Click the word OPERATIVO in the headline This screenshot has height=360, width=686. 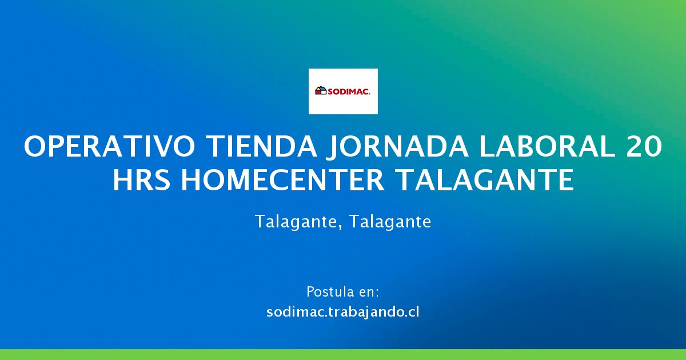click(110, 146)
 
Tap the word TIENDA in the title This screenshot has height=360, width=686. click(261, 146)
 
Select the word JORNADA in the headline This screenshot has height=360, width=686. click(397, 147)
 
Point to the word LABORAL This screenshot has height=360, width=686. click(547, 146)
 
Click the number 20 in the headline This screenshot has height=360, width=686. click(644, 146)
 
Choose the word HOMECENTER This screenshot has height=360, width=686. click(282, 180)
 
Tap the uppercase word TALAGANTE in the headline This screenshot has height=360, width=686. click(485, 180)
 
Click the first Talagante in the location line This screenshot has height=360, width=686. click(296, 222)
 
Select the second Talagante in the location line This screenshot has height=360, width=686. click(390, 222)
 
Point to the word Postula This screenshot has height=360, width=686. click(327, 292)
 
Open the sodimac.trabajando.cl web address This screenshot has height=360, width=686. click(342, 312)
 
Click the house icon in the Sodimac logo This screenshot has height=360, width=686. click(321, 91)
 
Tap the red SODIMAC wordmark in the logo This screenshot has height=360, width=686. click(349, 91)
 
